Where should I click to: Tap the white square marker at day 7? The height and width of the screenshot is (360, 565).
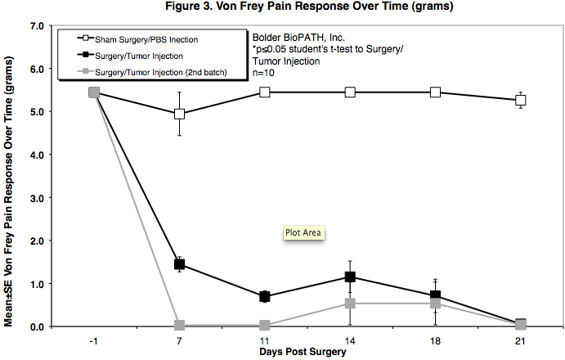[179, 114]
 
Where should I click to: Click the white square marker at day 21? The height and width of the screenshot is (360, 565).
[520, 101]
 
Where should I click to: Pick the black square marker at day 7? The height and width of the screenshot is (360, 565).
[179, 264]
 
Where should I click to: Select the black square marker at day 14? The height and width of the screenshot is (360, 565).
[350, 277]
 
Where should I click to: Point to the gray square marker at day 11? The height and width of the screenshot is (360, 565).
[264, 326]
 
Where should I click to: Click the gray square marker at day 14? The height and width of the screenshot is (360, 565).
[350, 304]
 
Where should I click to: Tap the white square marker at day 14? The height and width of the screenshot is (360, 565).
[350, 92]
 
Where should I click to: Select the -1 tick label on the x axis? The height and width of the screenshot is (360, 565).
[93, 339]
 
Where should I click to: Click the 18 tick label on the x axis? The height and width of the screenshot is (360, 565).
[435, 339]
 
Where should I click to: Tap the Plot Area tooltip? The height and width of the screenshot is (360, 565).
[304, 232]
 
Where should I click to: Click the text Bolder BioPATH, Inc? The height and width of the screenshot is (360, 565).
[292, 38]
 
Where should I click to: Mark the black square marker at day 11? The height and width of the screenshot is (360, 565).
[264, 296]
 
